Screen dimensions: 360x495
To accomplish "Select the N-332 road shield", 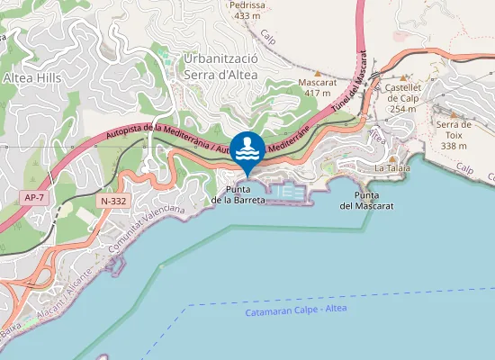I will pyautogui.click(x=114, y=201).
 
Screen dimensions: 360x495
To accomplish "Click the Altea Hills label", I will pyautogui.click(x=31, y=78).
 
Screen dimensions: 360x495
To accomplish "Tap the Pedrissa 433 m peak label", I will pyautogui.click(x=247, y=10).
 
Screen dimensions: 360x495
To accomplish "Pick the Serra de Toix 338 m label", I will pyautogui.click(x=454, y=134).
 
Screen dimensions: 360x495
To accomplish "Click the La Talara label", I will pyautogui.click(x=392, y=168).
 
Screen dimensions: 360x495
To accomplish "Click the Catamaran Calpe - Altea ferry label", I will pyautogui.click(x=294, y=310).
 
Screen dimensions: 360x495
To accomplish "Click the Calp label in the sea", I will pyautogui.click(x=464, y=168).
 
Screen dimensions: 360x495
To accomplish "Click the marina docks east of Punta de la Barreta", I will pyautogui.click(x=289, y=192).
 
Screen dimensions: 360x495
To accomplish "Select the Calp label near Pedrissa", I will pyautogui.click(x=266, y=37).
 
